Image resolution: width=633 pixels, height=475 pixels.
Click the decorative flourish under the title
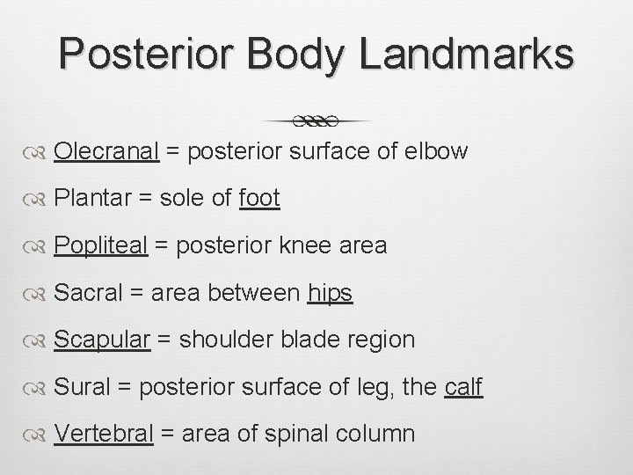click(316, 120)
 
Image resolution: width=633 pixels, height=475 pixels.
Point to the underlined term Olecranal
click(105, 151)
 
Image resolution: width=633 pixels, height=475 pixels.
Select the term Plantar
click(91, 198)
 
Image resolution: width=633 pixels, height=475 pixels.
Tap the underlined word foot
click(258, 198)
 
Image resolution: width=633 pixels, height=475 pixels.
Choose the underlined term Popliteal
click(100, 245)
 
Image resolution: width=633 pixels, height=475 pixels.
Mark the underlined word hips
click(330, 292)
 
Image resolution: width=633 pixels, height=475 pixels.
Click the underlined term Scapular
click(102, 339)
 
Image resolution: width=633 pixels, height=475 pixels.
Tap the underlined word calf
click(463, 386)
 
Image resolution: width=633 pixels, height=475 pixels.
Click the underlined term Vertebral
click(104, 433)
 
